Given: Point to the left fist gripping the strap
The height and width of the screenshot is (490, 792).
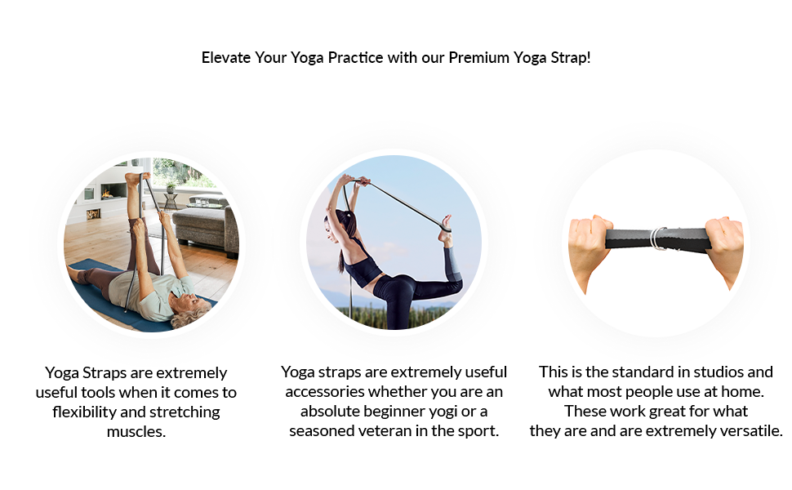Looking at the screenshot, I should click(590, 245).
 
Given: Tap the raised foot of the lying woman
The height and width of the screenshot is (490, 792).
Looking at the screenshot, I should click(134, 178).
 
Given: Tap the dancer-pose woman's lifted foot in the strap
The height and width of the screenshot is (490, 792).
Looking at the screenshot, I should click(445, 229).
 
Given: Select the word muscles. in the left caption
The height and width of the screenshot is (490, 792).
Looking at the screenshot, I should click(136, 431).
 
